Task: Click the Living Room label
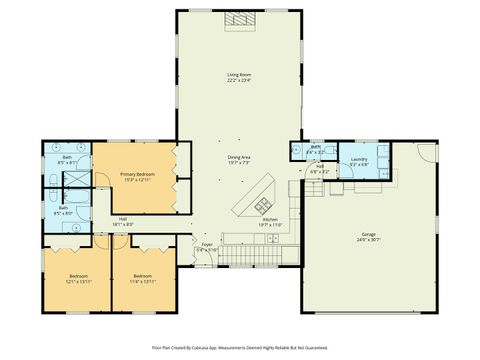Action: click(238, 77)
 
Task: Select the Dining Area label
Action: click(238, 159)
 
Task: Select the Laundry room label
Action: click(359, 160)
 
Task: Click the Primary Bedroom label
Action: click(136, 177)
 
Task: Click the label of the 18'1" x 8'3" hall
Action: click(123, 221)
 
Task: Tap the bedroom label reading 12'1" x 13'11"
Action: click(79, 278)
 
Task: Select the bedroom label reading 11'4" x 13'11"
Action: click(143, 278)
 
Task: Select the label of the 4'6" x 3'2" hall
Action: click(318, 171)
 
